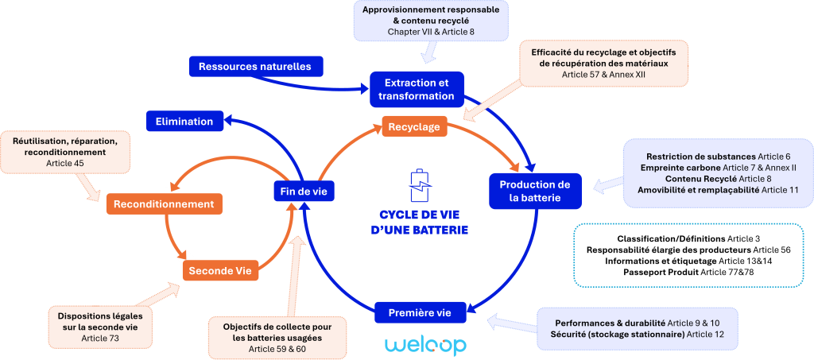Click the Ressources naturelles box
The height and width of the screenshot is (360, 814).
click(x=249, y=66)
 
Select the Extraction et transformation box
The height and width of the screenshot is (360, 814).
click(x=417, y=89)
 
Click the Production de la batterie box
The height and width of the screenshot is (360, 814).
click(x=536, y=192)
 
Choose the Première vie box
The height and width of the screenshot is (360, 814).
click(x=419, y=312)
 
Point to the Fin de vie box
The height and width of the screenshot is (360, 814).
click(x=304, y=191)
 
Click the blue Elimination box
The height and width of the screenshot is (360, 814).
click(x=184, y=122)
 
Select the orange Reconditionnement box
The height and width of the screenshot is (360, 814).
click(x=164, y=204)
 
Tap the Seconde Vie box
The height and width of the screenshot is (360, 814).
click(x=221, y=271)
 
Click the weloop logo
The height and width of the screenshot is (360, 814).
click(x=425, y=345)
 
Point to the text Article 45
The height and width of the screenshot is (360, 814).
click(x=65, y=163)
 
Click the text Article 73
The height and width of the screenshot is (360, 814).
click(x=99, y=338)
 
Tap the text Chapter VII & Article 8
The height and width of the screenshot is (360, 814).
click(x=430, y=31)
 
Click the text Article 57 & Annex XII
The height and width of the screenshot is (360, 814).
click(x=603, y=74)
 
